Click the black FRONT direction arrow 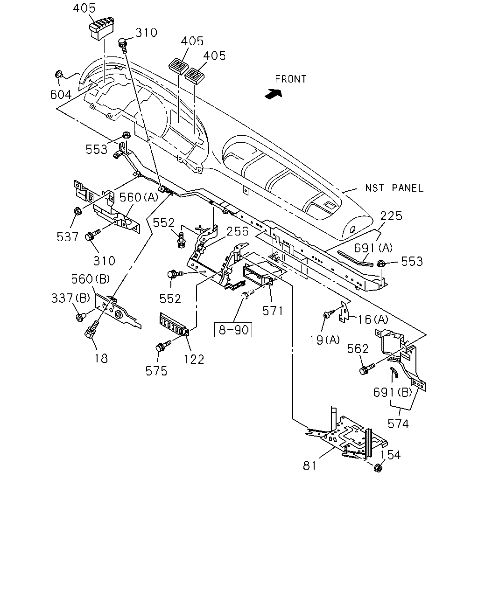pyautogui.click(x=273, y=94)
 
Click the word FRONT pyautogui.click(x=290, y=79)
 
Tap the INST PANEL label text pyautogui.click(x=392, y=188)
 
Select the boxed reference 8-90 pyautogui.click(x=233, y=330)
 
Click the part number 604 pyautogui.click(x=61, y=95)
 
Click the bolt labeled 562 pyautogui.click(x=366, y=369)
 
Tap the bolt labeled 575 pyautogui.click(x=163, y=346)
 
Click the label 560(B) pyautogui.click(x=91, y=279)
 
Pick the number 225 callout pyautogui.click(x=391, y=216)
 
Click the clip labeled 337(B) pyautogui.click(x=80, y=317)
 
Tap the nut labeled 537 pyautogui.click(x=77, y=211)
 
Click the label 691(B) pyautogui.click(x=393, y=392)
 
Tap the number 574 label pyautogui.click(x=398, y=423)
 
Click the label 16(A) pyautogui.click(x=373, y=319)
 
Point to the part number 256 pyautogui.click(x=238, y=231)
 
